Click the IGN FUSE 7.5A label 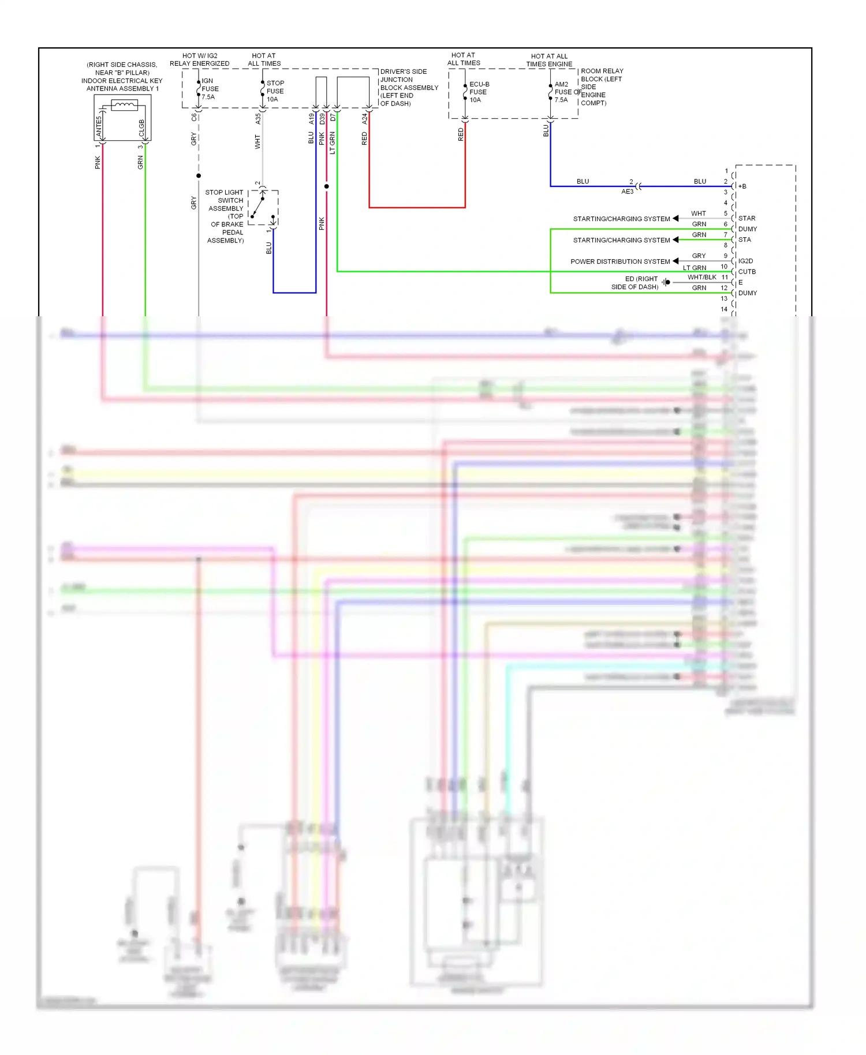[x=210, y=89]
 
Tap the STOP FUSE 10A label [x=275, y=91]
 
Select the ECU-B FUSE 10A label [x=479, y=92]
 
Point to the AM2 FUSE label [x=563, y=92]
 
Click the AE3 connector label [x=627, y=192]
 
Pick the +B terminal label [x=742, y=186]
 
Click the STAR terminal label [x=746, y=218]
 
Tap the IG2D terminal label [x=745, y=261]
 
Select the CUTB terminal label [x=746, y=272]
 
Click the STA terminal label [x=745, y=240]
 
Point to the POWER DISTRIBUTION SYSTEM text [x=620, y=261]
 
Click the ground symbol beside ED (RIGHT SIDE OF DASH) [x=666, y=282]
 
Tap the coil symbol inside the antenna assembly [x=124, y=105]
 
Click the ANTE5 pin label [x=99, y=126]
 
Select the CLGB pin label [x=141, y=128]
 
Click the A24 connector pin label [x=364, y=119]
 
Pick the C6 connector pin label [x=194, y=117]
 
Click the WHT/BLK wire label [x=701, y=278]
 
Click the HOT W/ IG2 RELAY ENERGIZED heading [x=200, y=59]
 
